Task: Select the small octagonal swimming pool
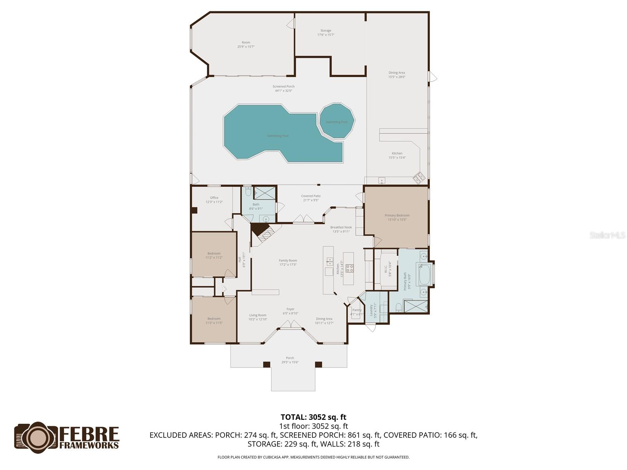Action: [337, 121]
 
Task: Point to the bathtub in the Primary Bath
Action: [425, 275]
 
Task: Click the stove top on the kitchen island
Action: [349, 268]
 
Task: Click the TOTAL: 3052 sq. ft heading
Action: [313, 417]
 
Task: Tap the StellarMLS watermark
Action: [607, 235]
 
